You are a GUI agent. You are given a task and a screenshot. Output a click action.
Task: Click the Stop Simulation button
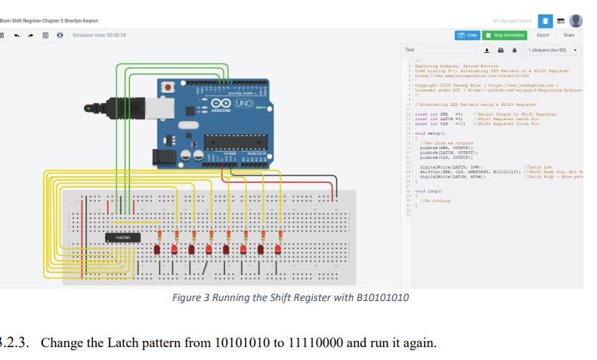(505, 35)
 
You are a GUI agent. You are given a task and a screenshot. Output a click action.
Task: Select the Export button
(543, 35)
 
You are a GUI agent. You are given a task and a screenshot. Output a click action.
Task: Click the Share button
(568, 35)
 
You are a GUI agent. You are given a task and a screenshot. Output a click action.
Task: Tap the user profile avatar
(576, 20)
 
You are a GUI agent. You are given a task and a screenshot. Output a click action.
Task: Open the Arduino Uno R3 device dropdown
(552, 50)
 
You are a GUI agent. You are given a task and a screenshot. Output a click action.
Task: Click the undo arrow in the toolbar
(17, 35)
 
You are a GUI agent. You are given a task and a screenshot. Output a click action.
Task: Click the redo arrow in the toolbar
(31, 35)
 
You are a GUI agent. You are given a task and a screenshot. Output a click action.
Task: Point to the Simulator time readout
(98, 35)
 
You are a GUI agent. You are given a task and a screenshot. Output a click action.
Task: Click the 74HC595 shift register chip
(122, 237)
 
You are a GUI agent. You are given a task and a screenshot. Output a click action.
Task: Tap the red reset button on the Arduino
(167, 88)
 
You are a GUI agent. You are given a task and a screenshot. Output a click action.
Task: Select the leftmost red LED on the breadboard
(157, 249)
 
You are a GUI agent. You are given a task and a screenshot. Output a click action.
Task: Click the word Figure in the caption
(189, 297)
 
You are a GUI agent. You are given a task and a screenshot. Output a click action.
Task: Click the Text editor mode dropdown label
(410, 50)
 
